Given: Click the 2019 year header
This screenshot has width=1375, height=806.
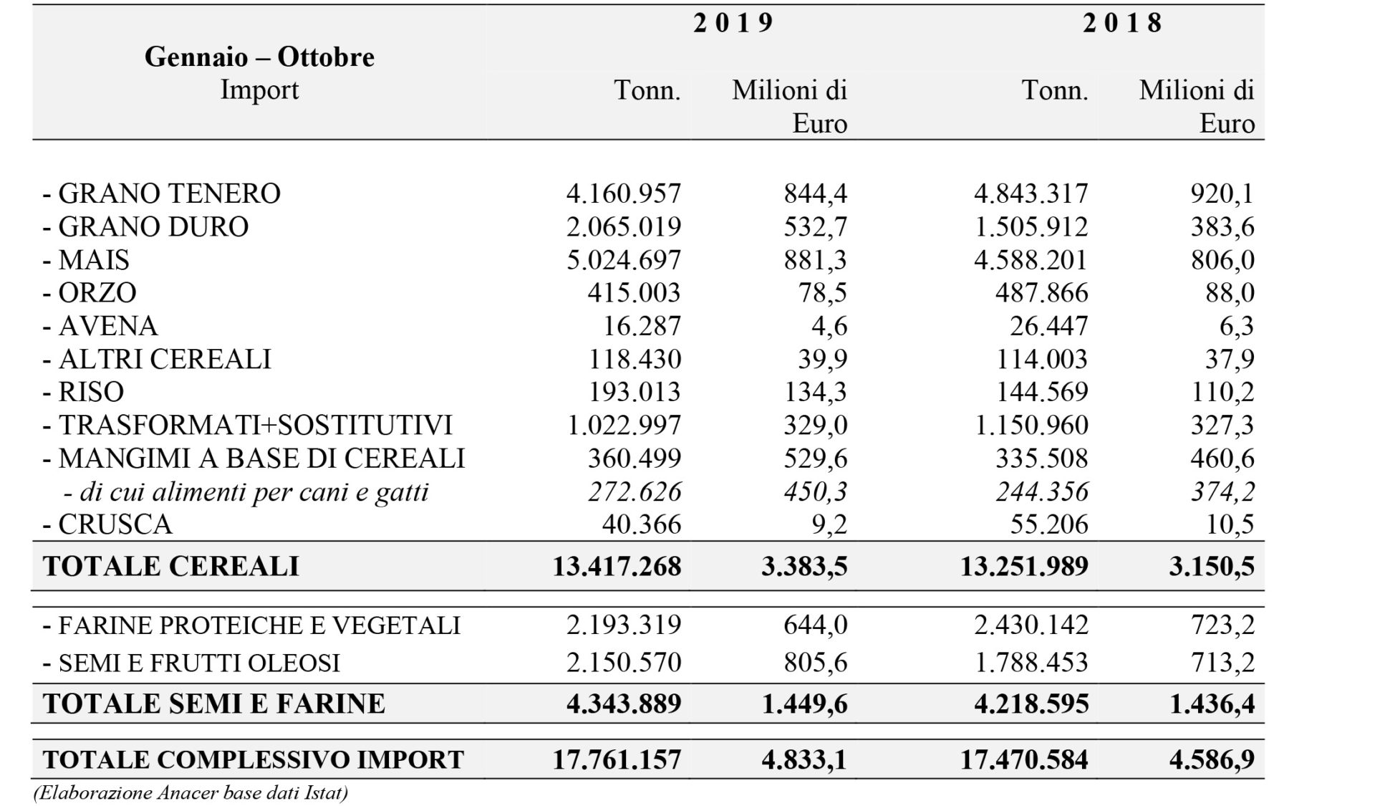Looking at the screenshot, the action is pyautogui.click(x=733, y=23).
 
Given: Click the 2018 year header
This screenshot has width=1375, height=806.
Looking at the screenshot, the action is pyautogui.click(x=1122, y=23).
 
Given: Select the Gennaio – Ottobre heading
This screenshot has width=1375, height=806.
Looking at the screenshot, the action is pyautogui.click(x=259, y=57).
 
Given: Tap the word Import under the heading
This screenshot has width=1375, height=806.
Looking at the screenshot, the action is pyautogui.click(x=259, y=90).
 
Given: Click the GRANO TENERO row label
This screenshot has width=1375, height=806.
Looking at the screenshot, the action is pyautogui.click(x=162, y=193).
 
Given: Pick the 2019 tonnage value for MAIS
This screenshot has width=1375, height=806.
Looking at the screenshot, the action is pyautogui.click(x=624, y=259).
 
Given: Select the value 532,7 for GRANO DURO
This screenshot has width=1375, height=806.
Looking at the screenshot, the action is pyautogui.click(x=815, y=226).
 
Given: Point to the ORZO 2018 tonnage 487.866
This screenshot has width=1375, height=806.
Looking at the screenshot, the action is pyautogui.click(x=1042, y=292).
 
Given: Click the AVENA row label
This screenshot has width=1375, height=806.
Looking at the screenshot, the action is pyautogui.click(x=100, y=326).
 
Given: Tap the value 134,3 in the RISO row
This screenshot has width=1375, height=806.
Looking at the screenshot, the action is pyautogui.click(x=815, y=392).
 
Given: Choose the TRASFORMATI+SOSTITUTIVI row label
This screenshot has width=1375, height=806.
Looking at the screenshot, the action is pyautogui.click(x=248, y=425).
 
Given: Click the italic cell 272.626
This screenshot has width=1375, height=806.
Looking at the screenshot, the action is pyautogui.click(x=635, y=491).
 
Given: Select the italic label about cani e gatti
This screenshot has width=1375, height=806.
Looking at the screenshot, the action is pyautogui.click(x=246, y=492).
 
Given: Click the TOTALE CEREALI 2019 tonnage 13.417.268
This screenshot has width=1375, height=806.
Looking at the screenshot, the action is pyautogui.click(x=617, y=566).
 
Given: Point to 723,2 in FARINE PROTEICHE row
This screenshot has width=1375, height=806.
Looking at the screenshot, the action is pyautogui.click(x=1222, y=625).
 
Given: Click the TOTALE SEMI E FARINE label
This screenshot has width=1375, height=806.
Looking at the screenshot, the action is pyautogui.click(x=214, y=704).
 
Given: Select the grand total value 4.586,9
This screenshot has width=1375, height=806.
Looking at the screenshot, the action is pyautogui.click(x=1212, y=759).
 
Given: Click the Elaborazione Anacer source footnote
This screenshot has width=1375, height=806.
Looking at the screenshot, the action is pyautogui.click(x=190, y=793).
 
